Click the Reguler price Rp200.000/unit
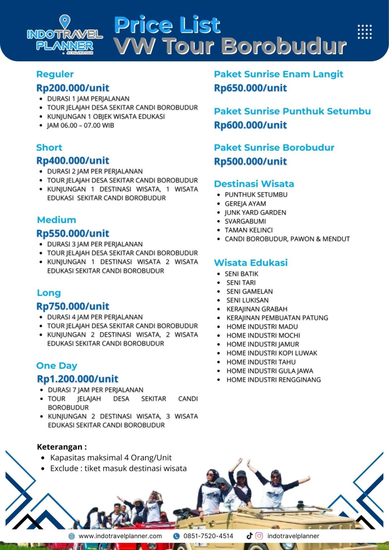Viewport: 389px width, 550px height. coord(73,88)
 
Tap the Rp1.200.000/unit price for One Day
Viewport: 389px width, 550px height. coord(77,379)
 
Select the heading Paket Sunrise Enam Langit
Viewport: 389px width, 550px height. coord(278,74)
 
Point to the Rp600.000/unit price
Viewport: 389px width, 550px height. coord(250,125)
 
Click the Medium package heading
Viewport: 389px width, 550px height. coord(57,220)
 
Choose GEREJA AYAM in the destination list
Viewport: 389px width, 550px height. coord(245,203)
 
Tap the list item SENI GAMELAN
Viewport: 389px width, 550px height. coord(250,291)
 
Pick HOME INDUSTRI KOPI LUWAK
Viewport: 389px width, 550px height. coord(272,353)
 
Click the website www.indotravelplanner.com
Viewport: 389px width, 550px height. coord(120,536)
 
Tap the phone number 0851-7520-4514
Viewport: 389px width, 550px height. coord(208,536)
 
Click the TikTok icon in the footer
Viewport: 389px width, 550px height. coord(250,536)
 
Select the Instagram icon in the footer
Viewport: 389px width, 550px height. coord(259,536)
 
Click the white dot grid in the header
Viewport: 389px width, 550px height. coord(364,32)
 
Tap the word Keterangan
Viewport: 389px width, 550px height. coord(60,447)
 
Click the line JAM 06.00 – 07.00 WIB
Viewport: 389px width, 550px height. coord(81,125)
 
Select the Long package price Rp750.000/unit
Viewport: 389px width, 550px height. coord(73,306)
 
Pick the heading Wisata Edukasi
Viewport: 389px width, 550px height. coord(251,263)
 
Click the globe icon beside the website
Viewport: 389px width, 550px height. coord(72,536)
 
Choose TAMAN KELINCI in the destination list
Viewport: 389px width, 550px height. coord(249,230)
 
